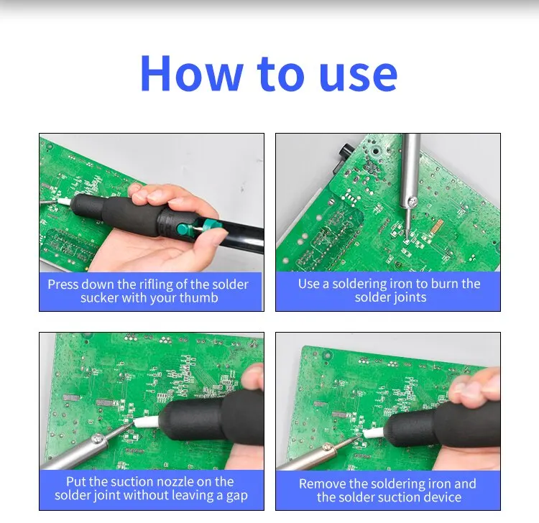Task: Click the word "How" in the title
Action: click(x=191, y=73)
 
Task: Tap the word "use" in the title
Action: click(x=358, y=75)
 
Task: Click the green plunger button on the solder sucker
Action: click(x=182, y=228)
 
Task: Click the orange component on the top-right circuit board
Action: click(x=437, y=226)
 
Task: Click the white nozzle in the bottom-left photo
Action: click(x=147, y=422)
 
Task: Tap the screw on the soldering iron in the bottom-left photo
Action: click(x=98, y=438)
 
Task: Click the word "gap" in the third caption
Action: click(x=237, y=496)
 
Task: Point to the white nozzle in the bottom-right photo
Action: click(x=373, y=432)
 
